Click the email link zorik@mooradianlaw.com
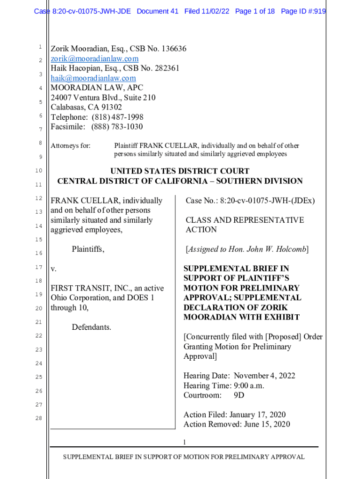[x=94, y=58]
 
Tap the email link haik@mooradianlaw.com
[x=93, y=78]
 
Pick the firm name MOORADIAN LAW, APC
[x=97, y=88]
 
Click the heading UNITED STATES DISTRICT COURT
[x=180, y=171]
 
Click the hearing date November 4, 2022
[x=265, y=376]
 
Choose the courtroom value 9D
[x=239, y=396]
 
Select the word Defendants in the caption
[x=92, y=327]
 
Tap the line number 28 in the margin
[x=39, y=418]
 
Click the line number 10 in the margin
[x=39, y=171]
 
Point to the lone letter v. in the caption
[x=53, y=269]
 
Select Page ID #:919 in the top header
[x=303, y=11]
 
